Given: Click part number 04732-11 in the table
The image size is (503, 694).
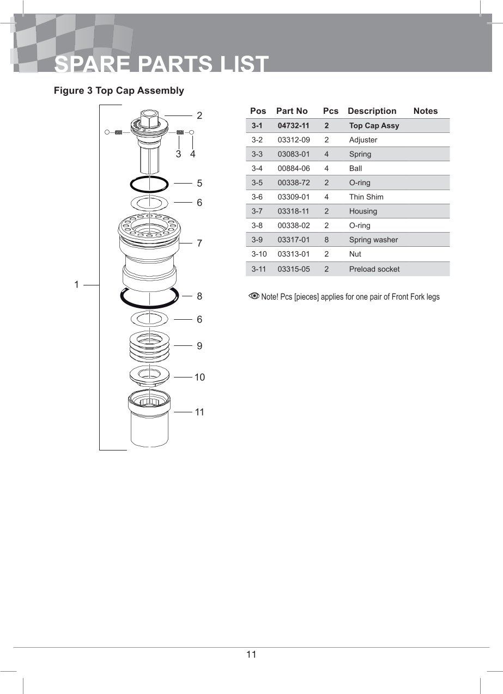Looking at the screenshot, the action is (293, 125).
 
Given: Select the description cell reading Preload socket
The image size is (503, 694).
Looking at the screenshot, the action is (374, 269).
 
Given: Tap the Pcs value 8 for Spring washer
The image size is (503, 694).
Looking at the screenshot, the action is (326, 240).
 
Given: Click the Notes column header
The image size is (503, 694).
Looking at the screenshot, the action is (426, 111).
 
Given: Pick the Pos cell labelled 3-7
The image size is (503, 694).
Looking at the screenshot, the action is (257, 211).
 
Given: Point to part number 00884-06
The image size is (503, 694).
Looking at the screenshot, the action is (294, 168).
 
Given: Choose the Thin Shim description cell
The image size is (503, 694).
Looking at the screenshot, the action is (366, 197).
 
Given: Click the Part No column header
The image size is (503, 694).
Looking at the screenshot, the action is (292, 111).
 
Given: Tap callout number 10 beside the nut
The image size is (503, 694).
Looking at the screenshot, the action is (199, 377).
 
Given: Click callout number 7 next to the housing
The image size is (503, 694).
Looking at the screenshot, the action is (199, 243).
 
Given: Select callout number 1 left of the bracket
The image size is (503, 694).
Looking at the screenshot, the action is (76, 284).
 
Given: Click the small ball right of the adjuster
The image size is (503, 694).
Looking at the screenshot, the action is (191, 132).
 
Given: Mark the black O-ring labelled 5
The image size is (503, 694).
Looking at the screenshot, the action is (149, 184).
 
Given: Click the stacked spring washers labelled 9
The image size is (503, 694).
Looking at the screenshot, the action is (149, 346).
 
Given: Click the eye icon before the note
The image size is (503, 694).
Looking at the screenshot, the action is (254, 296).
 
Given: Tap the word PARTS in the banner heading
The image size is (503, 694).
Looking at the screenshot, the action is (174, 64).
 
